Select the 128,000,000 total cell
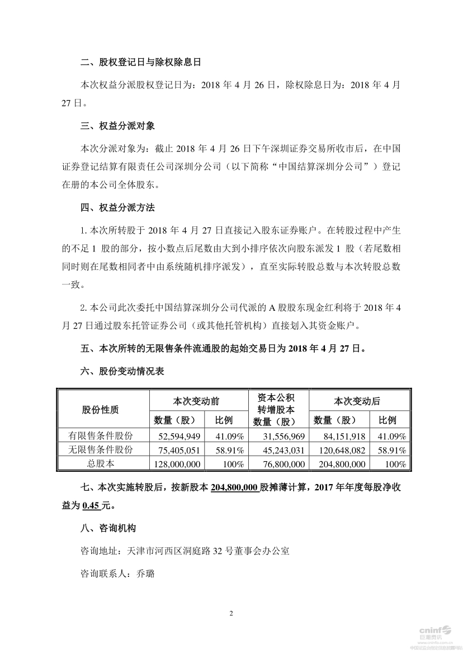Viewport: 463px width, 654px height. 177,464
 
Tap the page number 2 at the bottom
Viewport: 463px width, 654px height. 231,613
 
